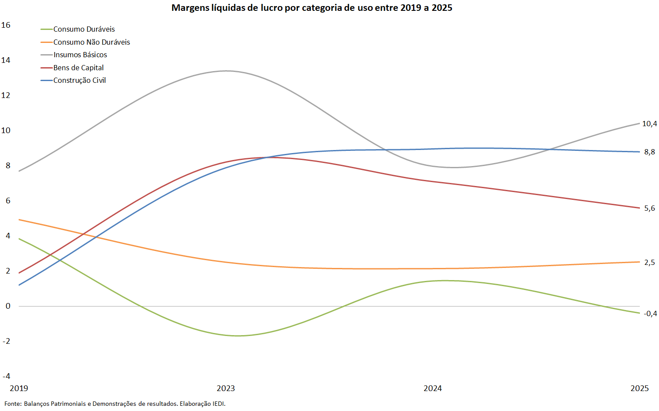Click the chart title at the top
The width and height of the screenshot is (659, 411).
tap(312, 8)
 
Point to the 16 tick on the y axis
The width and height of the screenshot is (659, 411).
tap(6, 25)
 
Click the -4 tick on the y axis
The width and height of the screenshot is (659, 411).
tap(7, 376)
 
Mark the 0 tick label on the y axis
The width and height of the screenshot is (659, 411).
tap(8, 306)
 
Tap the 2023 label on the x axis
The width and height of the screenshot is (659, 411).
tap(226, 388)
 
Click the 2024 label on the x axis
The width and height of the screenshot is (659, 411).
tap(433, 388)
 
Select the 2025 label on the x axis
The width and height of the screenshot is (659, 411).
tap(639, 388)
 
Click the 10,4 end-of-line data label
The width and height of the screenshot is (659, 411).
tap(649, 124)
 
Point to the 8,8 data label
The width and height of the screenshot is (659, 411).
tap(649, 152)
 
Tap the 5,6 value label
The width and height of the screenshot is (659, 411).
tap(649, 208)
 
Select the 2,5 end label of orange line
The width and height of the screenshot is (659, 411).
tap(649, 262)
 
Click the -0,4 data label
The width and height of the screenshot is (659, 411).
tap(650, 314)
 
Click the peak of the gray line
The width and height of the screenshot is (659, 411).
tap(226, 71)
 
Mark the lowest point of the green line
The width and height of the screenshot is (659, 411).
tap(238, 336)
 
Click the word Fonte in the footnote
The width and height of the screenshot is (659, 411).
tap(13, 404)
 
